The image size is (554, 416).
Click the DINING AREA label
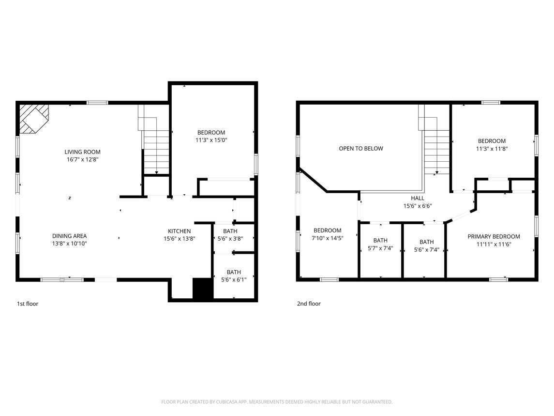[69, 236]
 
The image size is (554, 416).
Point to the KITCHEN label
[179, 231]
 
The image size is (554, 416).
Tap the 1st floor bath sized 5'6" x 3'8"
[230, 235]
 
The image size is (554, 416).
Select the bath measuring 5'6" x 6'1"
[233, 276]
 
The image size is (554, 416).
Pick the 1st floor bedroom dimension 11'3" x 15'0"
[211, 140]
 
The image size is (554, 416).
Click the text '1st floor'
[28, 304]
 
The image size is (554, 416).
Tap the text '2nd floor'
[309, 304]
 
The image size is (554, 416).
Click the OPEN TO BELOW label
[360, 149]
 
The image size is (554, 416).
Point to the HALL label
[417, 198]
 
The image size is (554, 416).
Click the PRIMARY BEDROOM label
[494, 236]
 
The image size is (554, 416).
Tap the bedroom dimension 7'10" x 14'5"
[327, 238]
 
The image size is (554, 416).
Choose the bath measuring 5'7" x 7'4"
[380, 245]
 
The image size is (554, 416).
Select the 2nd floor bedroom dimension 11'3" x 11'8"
[492, 149]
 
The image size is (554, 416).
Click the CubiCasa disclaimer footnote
[277, 401]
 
